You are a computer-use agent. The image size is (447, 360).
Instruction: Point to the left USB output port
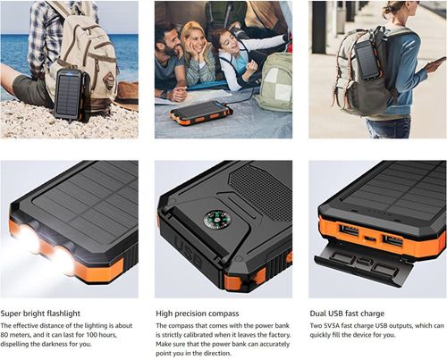(349, 231)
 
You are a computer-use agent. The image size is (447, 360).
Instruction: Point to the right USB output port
(392, 239)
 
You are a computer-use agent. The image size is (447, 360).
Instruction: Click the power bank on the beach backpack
(68, 95)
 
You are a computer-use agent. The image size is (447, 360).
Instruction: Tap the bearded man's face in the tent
(170, 40)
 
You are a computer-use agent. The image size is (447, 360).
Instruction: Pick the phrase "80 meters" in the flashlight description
(15, 337)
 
